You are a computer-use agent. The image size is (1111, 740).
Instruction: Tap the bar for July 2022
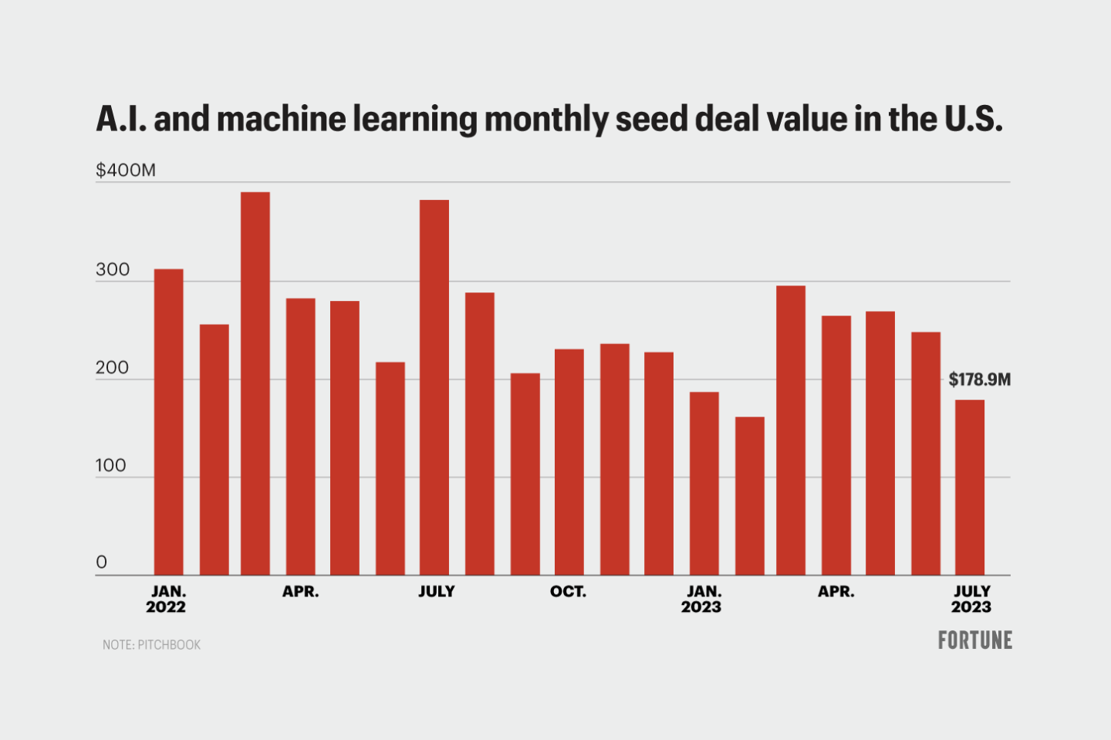point(434,387)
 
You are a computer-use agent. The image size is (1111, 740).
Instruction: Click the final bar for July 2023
point(970,487)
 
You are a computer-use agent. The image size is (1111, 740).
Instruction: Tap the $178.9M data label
point(979,380)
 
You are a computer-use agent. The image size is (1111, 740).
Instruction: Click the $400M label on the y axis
point(126,170)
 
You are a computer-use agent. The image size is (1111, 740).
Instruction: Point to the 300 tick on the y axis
point(113,270)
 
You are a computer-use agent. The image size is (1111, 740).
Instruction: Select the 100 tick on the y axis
point(112,465)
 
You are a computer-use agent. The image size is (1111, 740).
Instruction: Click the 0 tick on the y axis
point(101,563)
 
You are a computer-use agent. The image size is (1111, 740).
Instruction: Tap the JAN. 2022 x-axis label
point(167,599)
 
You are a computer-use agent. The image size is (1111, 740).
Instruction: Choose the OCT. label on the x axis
point(568,592)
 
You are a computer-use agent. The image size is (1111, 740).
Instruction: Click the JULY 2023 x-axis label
point(971,599)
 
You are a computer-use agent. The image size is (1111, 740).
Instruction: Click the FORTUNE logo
point(974,640)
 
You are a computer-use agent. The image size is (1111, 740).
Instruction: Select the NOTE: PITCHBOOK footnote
point(152,644)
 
